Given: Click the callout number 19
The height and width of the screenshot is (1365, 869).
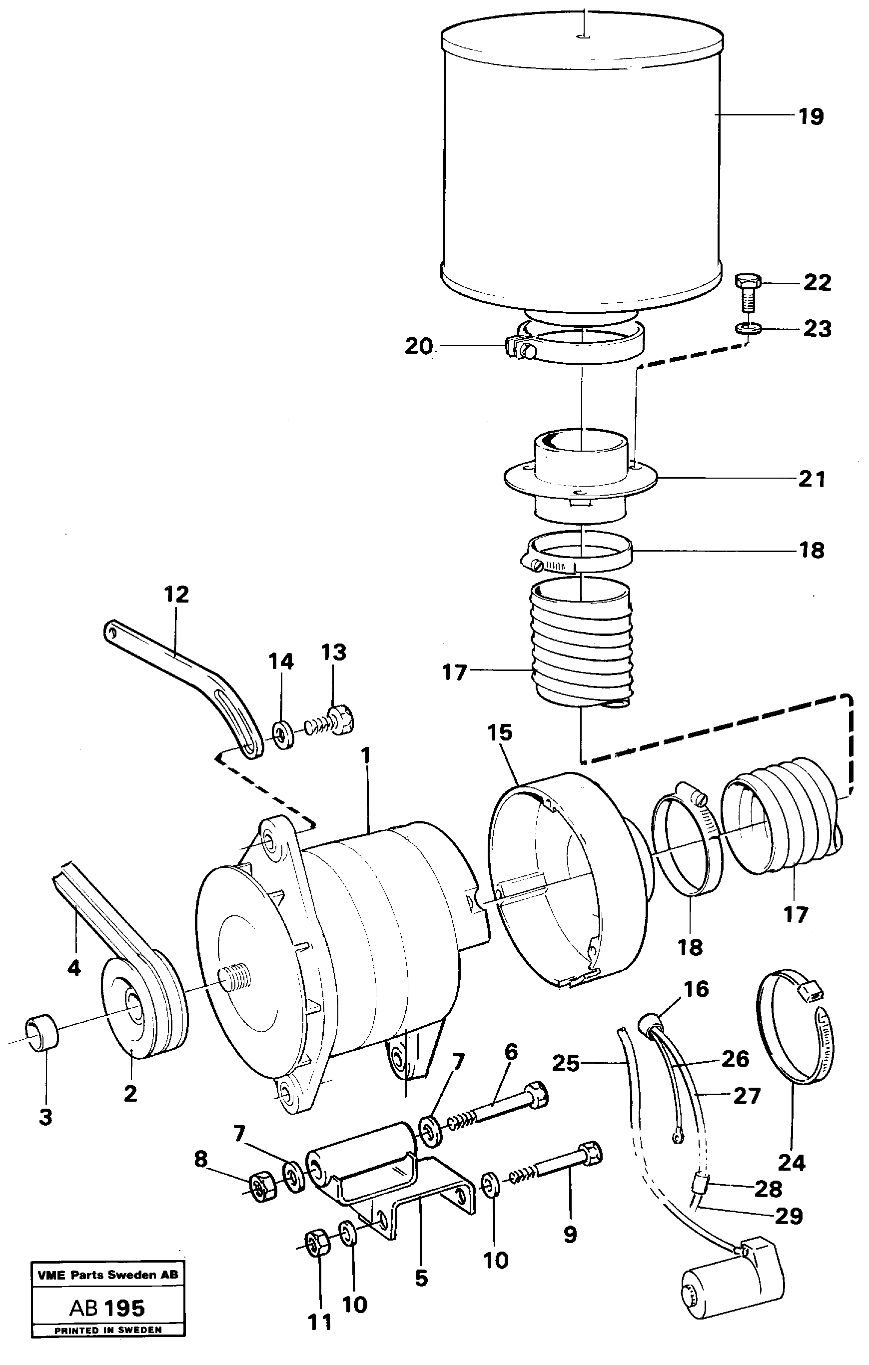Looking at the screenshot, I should tap(811, 117).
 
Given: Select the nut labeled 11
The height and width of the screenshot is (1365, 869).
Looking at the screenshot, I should tap(317, 1244).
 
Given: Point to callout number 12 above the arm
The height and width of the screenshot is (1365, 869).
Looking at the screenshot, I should tap(176, 595).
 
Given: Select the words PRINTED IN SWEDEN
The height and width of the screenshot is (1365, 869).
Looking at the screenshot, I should tap(108, 1326).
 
